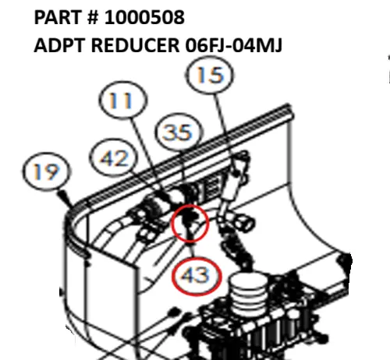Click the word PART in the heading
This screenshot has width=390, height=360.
[x=59, y=17]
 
